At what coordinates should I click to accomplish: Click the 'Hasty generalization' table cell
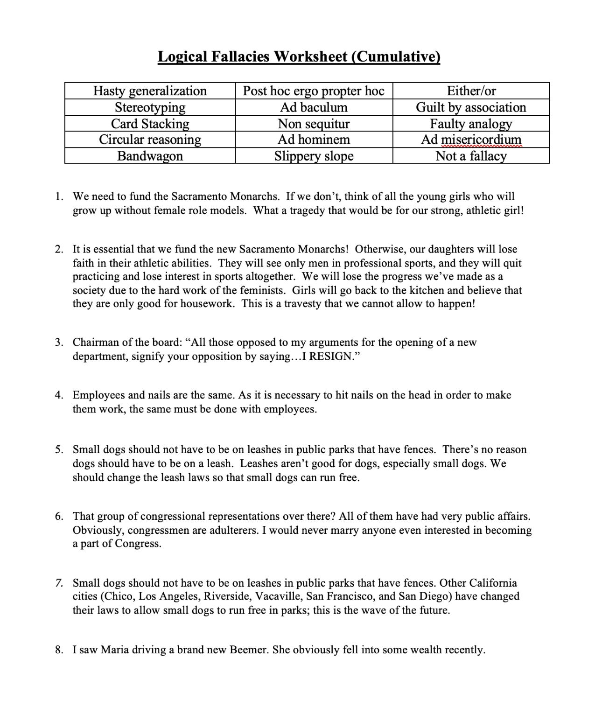(x=150, y=91)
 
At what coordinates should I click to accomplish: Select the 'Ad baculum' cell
(x=314, y=107)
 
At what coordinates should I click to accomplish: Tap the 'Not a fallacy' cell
(x=471, y=156)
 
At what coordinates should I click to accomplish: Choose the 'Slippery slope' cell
(x=314, y=156)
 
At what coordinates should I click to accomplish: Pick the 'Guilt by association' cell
(x=471, y=107)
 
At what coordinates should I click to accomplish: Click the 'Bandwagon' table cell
(x=150, y=156)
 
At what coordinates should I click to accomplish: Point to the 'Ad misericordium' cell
(x=471, y=140)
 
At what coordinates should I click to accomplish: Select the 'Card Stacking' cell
(x=150, y=124)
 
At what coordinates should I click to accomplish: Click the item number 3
(x=59, y=343)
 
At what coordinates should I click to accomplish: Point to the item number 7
(x=59, y=583)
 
